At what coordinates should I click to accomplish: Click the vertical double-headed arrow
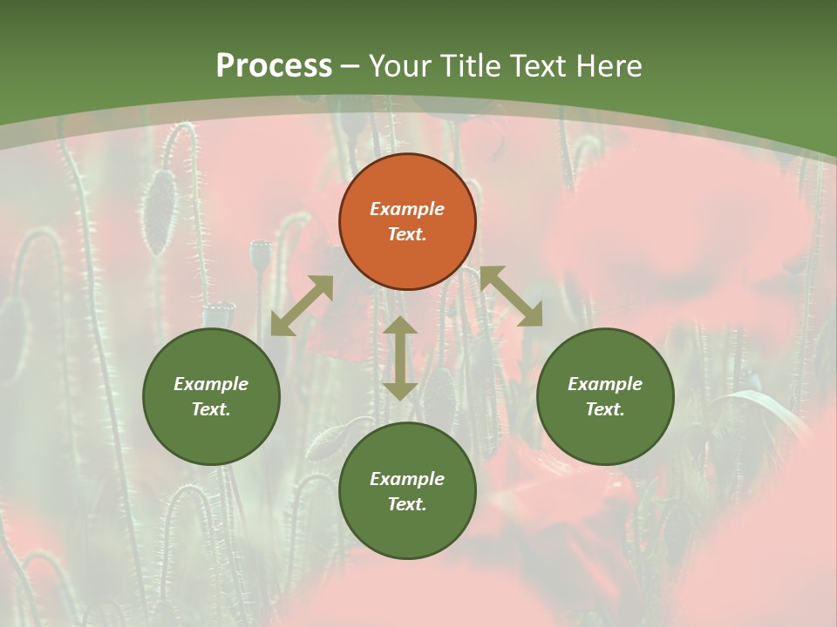[x=400, y=358]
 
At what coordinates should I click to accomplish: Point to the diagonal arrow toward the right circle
[x=512, y=296]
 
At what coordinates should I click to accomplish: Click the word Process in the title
[x=274, y=65]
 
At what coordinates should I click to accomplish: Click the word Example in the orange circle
[x=407, y=209]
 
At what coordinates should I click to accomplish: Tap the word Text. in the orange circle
[x=407, y=234]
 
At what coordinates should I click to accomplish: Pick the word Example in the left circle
[x=211, y=384]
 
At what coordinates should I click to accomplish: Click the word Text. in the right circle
[x=605, y=409]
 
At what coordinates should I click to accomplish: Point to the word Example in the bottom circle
[x=407, y=479]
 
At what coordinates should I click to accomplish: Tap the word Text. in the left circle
[x=211, y=409]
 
